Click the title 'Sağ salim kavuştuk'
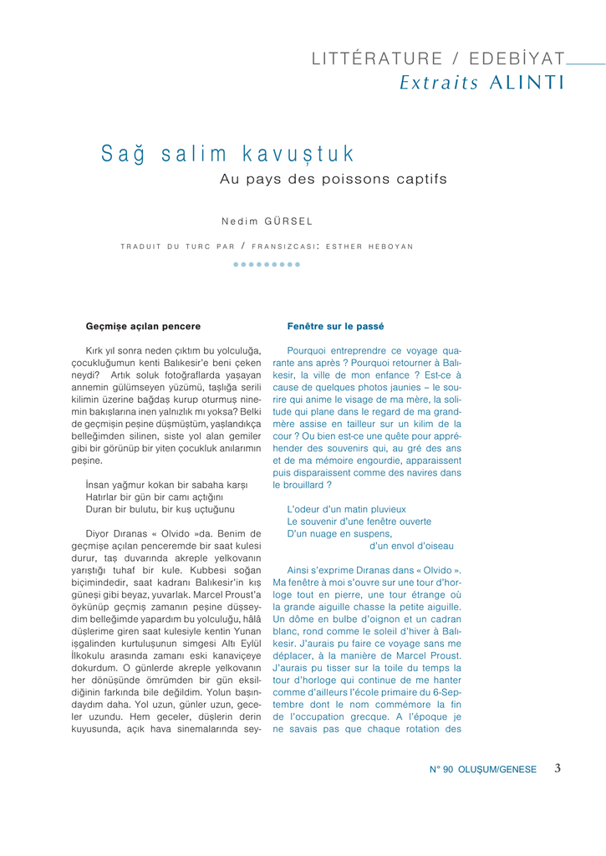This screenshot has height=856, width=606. pos(228,155)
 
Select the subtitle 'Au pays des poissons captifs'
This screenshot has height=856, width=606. pos(333,180)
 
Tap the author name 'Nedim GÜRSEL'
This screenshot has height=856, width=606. pos(267,222)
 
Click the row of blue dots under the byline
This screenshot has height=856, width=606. pos(267,264)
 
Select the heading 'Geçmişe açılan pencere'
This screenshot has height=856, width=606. pos(143,326)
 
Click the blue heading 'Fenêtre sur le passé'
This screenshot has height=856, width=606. pos(335,326)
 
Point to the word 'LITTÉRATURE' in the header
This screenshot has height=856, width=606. pos(376,59)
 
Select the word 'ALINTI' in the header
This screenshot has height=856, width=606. pos(527,83)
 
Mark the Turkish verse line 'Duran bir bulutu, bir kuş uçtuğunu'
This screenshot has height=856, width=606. pos(160,509)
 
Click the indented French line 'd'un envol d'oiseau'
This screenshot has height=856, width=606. pos(411,546)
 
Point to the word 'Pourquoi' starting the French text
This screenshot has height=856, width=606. pos(307,351)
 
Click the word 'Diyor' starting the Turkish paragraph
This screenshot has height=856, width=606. pos(98,533)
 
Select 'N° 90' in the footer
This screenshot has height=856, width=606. pos(441,770)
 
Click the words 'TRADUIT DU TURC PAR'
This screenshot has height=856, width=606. pos(177,247)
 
